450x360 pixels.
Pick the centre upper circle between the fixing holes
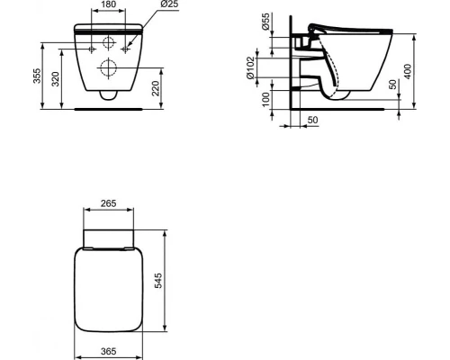point(108,41)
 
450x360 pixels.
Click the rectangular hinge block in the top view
point(108,237)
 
